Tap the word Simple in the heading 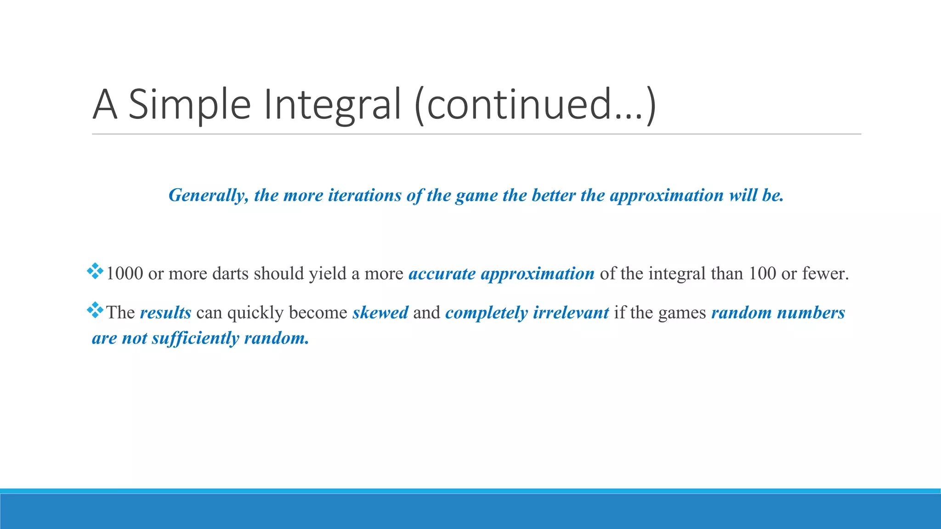point(189,105)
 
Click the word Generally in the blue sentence point(209,196)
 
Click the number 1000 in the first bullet point(125,274)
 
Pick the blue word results point(165,313)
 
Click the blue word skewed point(380,313)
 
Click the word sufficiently point(195,338)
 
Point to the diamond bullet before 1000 point(95,271)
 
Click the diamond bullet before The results point(95,310)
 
